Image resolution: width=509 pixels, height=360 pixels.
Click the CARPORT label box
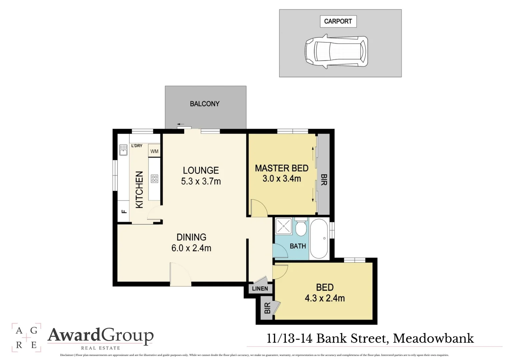pyautogui.click(x=338, y=21)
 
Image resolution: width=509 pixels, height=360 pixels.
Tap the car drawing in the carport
pyautogui.click(x=336, y=52)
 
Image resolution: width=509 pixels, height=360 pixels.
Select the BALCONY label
pyautogui.click(x=205, y=104)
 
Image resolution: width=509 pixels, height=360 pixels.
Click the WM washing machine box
pyautogui.click(x=154, y=151)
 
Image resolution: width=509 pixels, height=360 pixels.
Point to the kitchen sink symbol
pyautogui.click(x=123, y=150)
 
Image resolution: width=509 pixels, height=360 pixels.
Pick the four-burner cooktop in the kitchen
pyautogui.click(x=154, y=179)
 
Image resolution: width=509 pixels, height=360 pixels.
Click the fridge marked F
pyautogui.click(x=124, y=211)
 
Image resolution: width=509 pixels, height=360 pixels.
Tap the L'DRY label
pyautogui.click(x=137, y=146)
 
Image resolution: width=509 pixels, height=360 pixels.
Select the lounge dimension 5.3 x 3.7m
pyautogui.click(x=201, y=181)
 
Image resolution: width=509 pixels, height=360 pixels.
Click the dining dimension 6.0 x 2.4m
pyautogui.click(x=191, y=248)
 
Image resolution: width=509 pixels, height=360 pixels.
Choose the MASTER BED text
pyautogui.click(x=281, y=168)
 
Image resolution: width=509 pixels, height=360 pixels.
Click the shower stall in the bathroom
pyautogui.click(x=283, y=226)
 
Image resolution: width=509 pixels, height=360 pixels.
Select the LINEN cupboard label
pyautogui.click(x=260, y=289)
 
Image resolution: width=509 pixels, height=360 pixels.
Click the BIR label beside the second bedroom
pyautogui.click(x=267, y=308)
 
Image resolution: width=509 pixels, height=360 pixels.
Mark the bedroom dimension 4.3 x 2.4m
pyautogui.click(x=324, y=298)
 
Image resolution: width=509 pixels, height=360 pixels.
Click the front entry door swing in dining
pyautogui.click(x=180, y=274)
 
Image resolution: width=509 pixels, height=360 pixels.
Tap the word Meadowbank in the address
pyautogui.click(x=433, y=338)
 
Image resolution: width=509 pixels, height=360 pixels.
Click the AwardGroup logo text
pyautogui.click(x=101, y=335)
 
